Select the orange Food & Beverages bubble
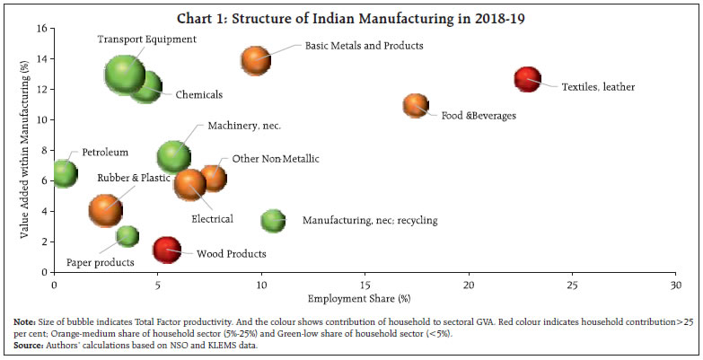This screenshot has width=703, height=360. [416, 106]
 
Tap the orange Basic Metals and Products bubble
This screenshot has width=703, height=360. [256, 60]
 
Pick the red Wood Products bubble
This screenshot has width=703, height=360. [167, 249]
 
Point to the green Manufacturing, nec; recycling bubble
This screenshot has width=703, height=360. [273, 220]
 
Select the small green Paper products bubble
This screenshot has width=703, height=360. [127, 236]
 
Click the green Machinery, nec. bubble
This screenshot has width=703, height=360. [174, 156]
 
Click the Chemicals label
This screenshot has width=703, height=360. [199, 94]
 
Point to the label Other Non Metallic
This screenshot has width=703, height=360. [276, 159]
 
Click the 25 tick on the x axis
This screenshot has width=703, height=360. [572, 285]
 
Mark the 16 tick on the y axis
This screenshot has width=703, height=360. [41, 29]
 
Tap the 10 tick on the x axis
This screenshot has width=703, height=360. [260, 285]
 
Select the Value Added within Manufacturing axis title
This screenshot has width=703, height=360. [24, 150]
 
